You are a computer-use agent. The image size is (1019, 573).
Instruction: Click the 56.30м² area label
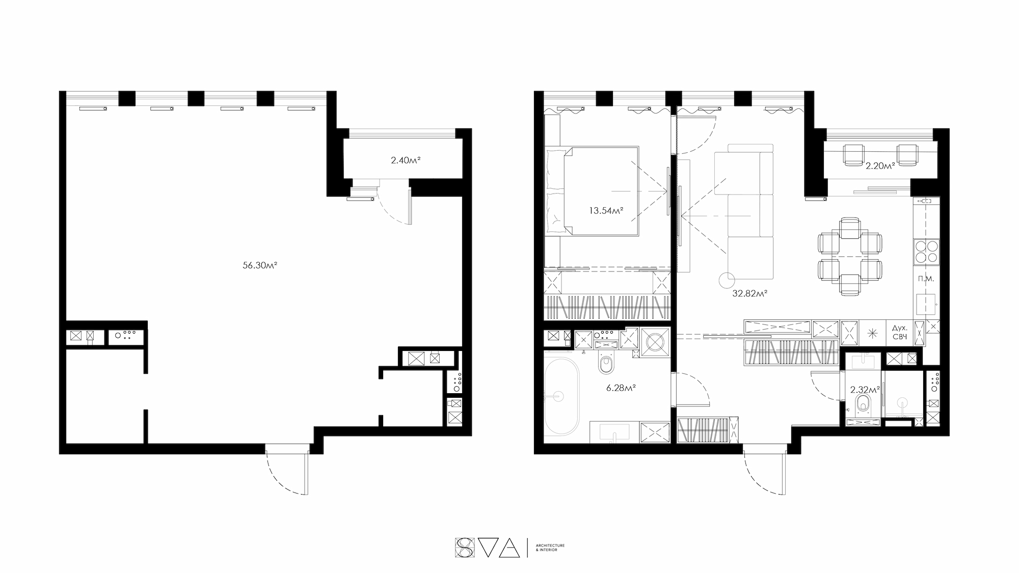coord(260,265)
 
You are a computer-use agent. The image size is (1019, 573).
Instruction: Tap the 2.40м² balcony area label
coord(406,160)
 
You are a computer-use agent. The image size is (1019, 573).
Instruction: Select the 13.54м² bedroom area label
coord(607,210)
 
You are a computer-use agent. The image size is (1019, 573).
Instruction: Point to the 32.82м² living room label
coord(750,293)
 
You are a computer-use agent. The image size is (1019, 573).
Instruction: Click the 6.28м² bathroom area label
coord(621,388)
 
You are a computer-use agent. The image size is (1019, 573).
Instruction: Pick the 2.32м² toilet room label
coord(865,390)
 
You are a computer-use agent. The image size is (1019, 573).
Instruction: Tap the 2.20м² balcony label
coord(880,166)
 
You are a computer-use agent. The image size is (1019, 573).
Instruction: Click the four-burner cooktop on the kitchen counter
coord(926,252)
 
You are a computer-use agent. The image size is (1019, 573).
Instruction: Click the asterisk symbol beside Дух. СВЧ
coord(873,334)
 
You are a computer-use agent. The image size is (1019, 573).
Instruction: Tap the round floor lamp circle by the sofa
coord(727,280)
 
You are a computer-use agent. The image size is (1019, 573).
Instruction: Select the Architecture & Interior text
coord(550,548)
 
